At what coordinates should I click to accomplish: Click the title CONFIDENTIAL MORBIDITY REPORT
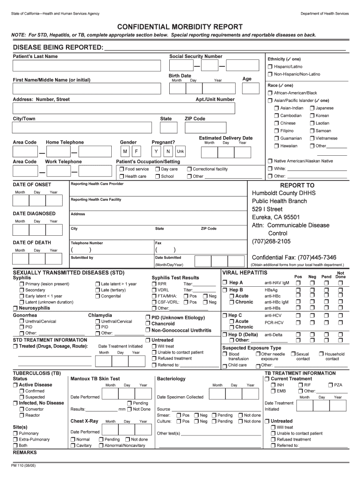tap(180, 27)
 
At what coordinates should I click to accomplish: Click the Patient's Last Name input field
tap(89, 65)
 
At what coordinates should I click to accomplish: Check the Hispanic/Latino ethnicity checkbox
tap(270, 67)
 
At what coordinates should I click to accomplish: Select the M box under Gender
tap(125, 152)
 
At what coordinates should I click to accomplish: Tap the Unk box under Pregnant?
tap(180, 152)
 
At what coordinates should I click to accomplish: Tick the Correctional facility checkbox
tap(189, 169)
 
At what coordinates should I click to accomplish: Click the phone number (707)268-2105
tap(271, 241)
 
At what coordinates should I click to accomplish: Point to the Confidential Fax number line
tap(294, 257)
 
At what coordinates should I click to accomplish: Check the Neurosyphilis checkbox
tap(15, 308)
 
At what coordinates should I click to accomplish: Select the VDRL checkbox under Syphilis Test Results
tap(154, 290)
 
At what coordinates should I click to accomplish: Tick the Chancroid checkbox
tap(148, 324)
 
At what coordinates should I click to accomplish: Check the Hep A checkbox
tap(225, 283)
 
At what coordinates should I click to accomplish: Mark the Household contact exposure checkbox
tap(321, 354)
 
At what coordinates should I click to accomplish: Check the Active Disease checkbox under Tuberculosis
tap(15, 385)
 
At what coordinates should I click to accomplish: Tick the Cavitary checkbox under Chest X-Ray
tap(73, 445)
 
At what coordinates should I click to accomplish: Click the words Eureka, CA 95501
tap(276, 217)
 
